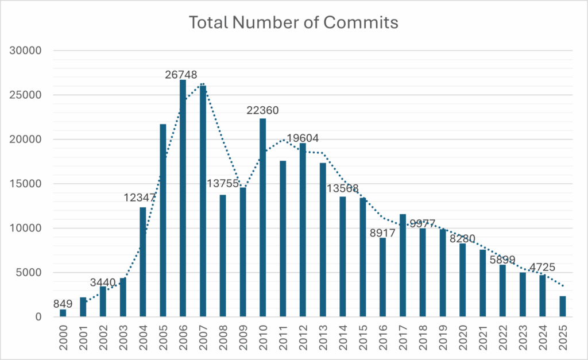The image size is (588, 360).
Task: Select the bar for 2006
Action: pos(183,198)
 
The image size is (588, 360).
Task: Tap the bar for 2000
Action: pos(63,313)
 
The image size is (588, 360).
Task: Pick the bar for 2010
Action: pos(262,218)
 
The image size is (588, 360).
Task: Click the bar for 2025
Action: pos(562,307)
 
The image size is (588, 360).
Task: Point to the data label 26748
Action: pos(180,75)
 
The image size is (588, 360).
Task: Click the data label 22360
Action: pos(262,110)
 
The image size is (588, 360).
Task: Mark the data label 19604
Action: pos(303,138)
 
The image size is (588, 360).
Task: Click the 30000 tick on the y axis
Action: pos(27,51)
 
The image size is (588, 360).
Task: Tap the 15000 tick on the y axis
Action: pos(27,184)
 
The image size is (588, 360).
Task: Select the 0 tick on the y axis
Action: pos(38,317)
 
